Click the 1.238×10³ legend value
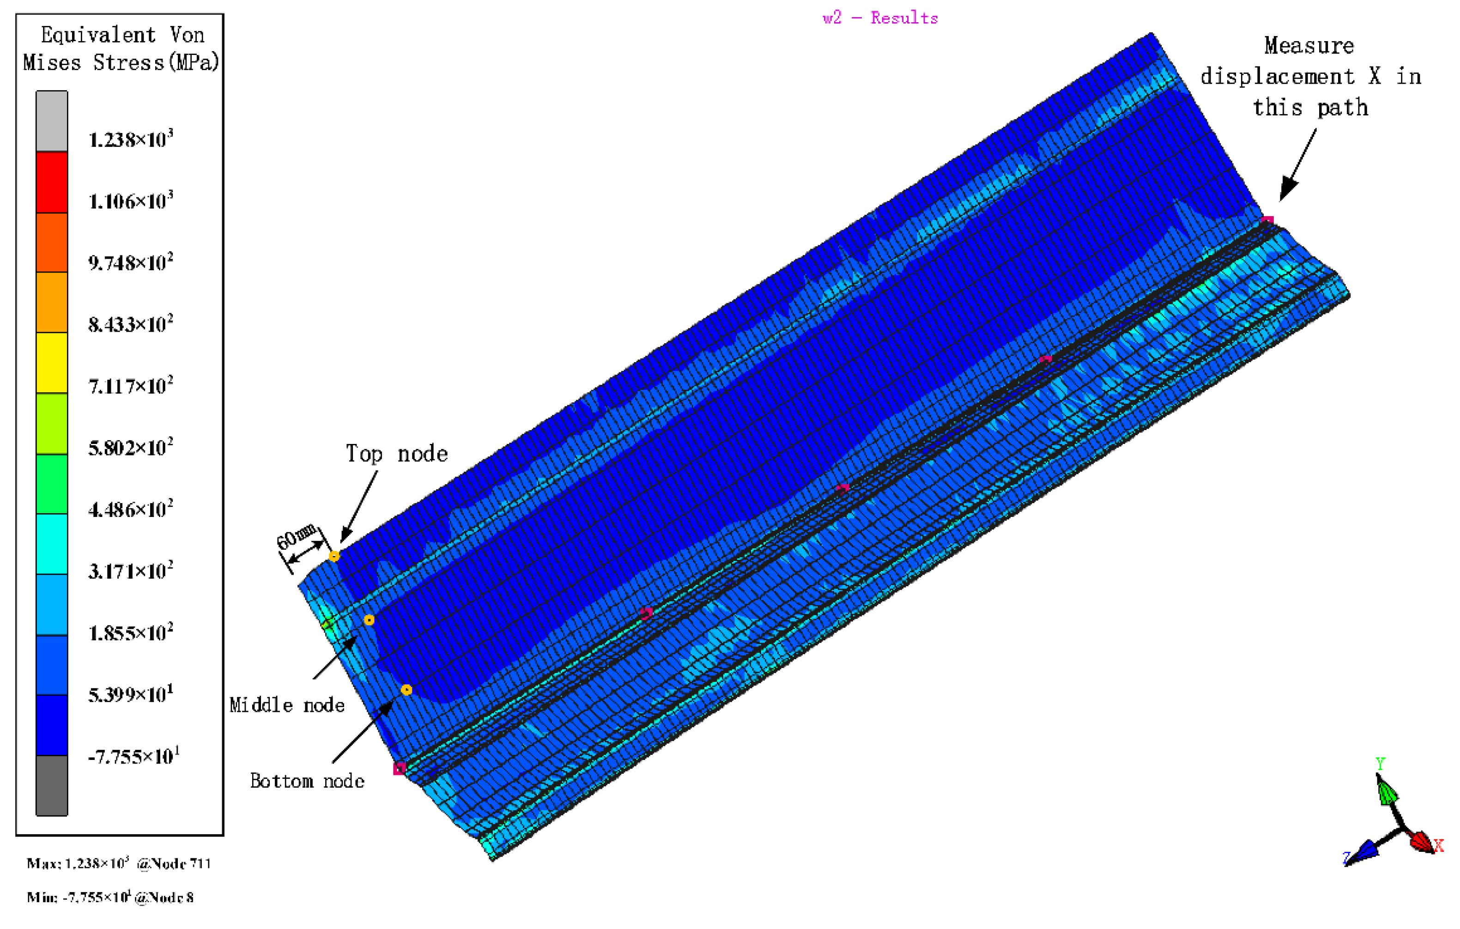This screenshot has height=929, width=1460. (130, 140)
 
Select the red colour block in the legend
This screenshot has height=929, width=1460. (52, 182)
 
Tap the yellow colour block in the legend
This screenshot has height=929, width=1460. (52, 363)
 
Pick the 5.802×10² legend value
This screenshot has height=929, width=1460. (130, 448)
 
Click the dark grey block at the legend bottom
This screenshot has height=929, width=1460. (52, 785)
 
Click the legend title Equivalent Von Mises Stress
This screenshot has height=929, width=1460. (121, 49)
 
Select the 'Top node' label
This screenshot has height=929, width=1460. (397, 454)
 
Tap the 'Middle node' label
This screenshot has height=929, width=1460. (287, 704)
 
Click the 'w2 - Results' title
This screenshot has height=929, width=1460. (880, 18)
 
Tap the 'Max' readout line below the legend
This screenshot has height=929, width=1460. (119, 863)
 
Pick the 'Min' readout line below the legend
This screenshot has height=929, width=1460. (110, 898)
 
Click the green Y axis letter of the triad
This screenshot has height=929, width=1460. (1381, 764)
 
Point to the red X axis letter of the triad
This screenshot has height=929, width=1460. (1439, 845)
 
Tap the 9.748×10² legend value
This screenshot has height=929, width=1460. (130, 262)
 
